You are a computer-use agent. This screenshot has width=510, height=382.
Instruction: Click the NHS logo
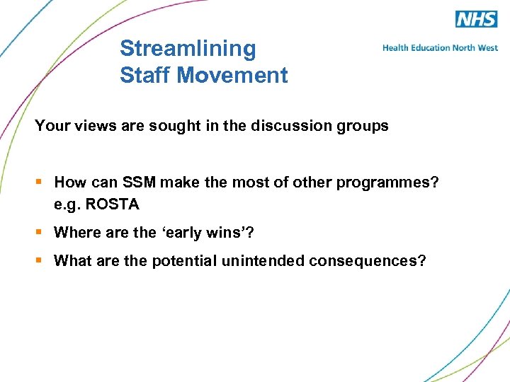pos(476,19)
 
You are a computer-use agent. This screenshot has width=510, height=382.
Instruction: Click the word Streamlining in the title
pos(188,49)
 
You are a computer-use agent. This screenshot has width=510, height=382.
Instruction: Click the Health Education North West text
pos(440,48)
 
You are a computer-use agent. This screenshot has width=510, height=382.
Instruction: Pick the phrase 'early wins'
pos(198,232)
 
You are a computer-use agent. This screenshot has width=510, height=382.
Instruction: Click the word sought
pos(155,126)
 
